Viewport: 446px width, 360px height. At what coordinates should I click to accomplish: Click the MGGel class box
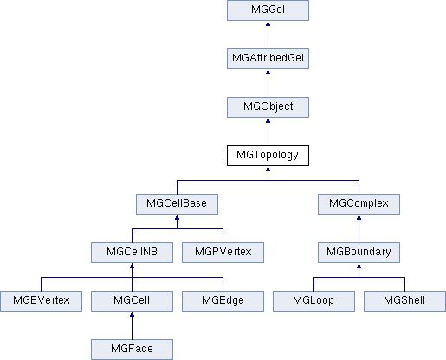pos(268,10)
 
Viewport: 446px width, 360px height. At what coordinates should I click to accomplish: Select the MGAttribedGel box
pos(268,59)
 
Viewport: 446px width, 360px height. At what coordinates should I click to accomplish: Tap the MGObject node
pos(268,107)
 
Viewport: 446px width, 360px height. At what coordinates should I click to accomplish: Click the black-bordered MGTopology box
pos(268,156)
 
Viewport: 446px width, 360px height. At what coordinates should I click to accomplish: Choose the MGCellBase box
pos(177,204)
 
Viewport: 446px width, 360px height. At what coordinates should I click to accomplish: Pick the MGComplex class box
pos(359,204)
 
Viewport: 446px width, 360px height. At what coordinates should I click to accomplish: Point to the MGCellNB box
pos(132,253)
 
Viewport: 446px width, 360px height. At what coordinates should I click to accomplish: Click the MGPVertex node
pos(223,253)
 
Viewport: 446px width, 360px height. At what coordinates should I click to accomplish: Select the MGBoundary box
pos(359,253)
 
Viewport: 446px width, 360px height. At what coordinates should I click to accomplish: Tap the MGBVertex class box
pos(41,301)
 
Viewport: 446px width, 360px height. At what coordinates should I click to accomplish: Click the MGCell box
pos(132,301)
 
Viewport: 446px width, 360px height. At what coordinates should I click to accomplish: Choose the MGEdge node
pos(223,301)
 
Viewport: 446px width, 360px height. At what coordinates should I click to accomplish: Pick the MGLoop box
pos(313,301)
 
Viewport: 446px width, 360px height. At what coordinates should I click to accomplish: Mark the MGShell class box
pos(404,301)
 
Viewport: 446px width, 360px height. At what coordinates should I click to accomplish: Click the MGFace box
pos(132,350)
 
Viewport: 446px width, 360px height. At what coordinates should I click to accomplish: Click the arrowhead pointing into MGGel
pos(268,23)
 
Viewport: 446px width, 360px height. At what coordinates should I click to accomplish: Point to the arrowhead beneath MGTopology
pos(268,169)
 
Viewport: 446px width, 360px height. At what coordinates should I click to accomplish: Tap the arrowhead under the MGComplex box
pos(359,217)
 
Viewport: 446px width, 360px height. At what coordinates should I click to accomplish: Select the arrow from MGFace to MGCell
pos(132,325)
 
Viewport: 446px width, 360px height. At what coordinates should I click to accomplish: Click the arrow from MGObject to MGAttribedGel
pos(268,83)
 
